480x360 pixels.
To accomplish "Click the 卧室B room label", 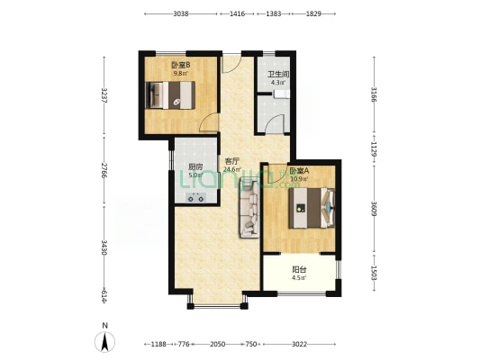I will tap(180, 65).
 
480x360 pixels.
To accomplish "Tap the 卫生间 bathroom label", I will tap(277, 75).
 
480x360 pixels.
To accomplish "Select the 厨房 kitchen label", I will tap(195, 166).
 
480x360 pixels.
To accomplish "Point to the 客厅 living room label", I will tap(232, 160).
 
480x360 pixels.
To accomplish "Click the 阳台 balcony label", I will tap(299, 268).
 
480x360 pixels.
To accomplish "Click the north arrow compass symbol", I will tap(105, 340).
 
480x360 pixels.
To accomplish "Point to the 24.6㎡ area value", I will tap(232, 169).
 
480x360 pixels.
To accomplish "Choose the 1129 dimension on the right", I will tap(374, 148).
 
